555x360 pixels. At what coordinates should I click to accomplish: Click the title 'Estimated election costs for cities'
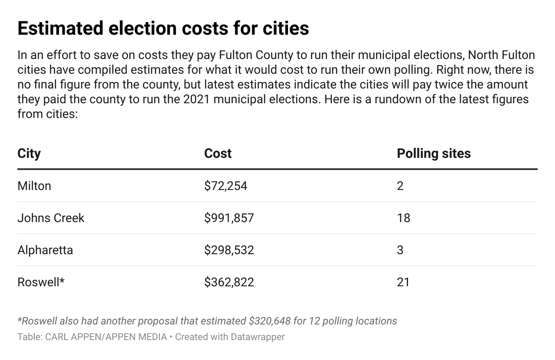(163, 29)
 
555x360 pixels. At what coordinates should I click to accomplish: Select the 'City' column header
(29, 154)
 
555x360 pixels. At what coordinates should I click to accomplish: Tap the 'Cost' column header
(218, 154)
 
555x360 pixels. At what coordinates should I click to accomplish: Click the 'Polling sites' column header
(434, 154)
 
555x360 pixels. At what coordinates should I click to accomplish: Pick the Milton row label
(34, 186)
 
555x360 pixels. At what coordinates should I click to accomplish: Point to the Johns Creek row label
(51, 218)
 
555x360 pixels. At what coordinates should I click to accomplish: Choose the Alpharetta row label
(45, 250)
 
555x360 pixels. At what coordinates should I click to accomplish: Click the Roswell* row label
(41, 282)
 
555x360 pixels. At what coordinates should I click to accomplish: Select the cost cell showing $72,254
(225, 186)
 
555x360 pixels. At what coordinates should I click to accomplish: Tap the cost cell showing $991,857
(229, 218)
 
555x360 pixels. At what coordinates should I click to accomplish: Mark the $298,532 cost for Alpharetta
(229, 250)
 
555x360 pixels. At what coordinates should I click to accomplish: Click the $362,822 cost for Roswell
(229, 282)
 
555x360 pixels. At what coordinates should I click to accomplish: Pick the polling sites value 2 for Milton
(400, 186)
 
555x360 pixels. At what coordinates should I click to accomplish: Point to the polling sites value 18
(403, 218)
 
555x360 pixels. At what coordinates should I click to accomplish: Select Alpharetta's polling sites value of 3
(400, 250)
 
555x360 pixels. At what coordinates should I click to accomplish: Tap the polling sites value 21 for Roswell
(403, 282)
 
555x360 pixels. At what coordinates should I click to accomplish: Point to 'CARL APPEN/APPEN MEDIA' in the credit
(106, 337)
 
